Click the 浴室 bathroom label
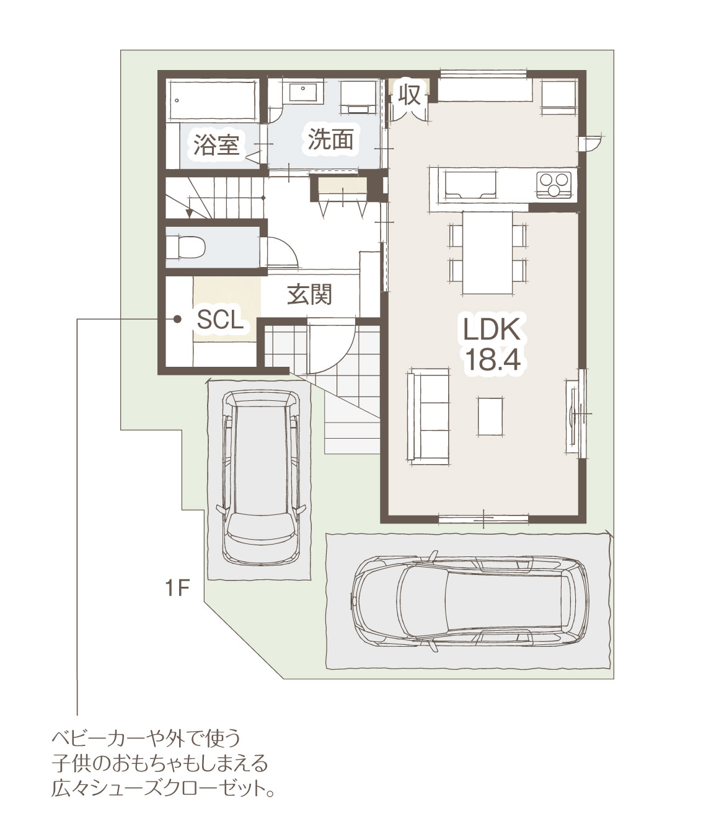coord(217,145)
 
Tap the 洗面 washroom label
coord(330,139)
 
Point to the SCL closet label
coord(221,320)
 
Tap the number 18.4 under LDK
coord(492,359)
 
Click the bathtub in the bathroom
coord(213,100)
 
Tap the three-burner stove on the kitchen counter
coord(554,184)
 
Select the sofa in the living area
coord(428,417)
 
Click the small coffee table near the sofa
coord(490,416)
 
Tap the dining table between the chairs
coord(487,253)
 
